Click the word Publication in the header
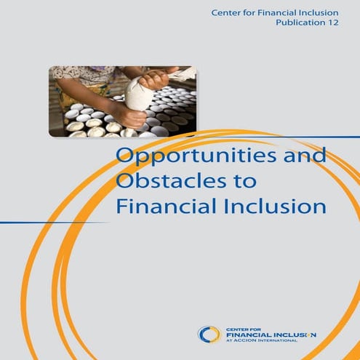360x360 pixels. click(300, 23)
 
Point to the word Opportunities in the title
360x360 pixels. click(194, 157)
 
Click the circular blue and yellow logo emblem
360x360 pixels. click(209, 335)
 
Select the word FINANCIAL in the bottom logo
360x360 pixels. click(248, 335)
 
